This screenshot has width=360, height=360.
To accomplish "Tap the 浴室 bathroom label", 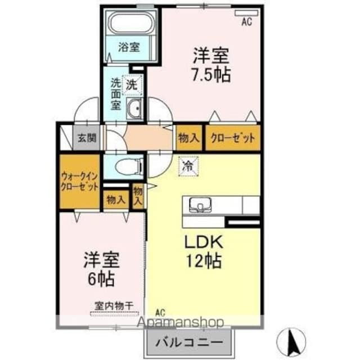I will [129, 48].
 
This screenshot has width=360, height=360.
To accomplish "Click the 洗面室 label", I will [116, 93].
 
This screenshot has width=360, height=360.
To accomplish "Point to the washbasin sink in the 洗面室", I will [134, 110].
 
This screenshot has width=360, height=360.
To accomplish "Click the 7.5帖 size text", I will [211, 75].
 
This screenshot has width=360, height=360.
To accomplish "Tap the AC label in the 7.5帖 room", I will [246, 22].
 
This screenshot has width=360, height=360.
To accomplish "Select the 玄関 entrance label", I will [87, 137].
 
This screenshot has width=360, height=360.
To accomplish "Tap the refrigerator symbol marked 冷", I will [187, 165].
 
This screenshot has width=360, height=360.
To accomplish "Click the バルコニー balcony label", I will [187, 341].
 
